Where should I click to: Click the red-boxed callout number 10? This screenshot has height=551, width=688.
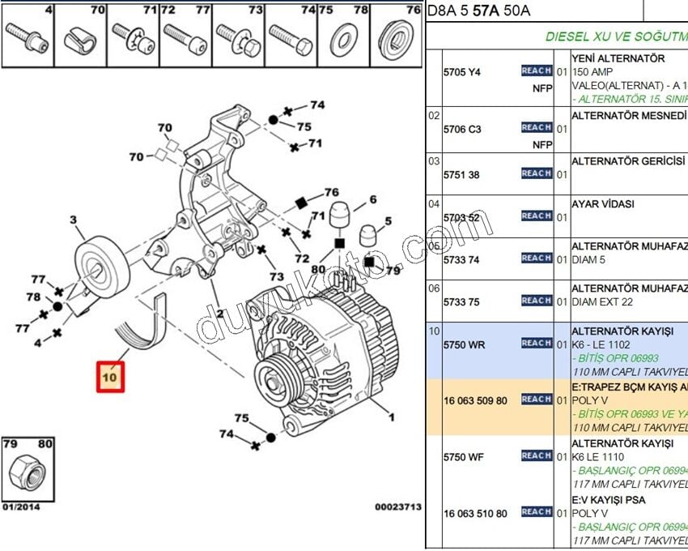tap(111, 377)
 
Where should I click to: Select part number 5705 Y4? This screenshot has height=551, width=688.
tap(461, 72)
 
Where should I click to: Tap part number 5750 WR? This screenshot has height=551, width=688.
tap(464, 344)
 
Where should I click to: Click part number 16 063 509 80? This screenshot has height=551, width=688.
tap(475, 400)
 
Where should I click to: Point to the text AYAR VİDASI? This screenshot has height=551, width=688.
tap(603, 205)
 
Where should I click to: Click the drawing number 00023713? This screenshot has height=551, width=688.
tap(397, 507)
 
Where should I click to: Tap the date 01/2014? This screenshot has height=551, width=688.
tap(20, 507)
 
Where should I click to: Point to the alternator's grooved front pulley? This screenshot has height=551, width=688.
tap(280, 378)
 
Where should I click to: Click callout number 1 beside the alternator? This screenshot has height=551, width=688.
tap(392, 417)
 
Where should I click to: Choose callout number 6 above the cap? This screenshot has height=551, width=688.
tap(373, 199)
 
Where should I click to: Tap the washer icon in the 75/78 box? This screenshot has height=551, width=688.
tap(344, 39)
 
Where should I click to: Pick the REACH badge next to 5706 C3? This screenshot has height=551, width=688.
tap(537, 128)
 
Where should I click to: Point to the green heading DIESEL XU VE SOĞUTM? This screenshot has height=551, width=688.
tap(616, 36)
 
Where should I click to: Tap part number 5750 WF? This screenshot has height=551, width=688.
tap(463, 457)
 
